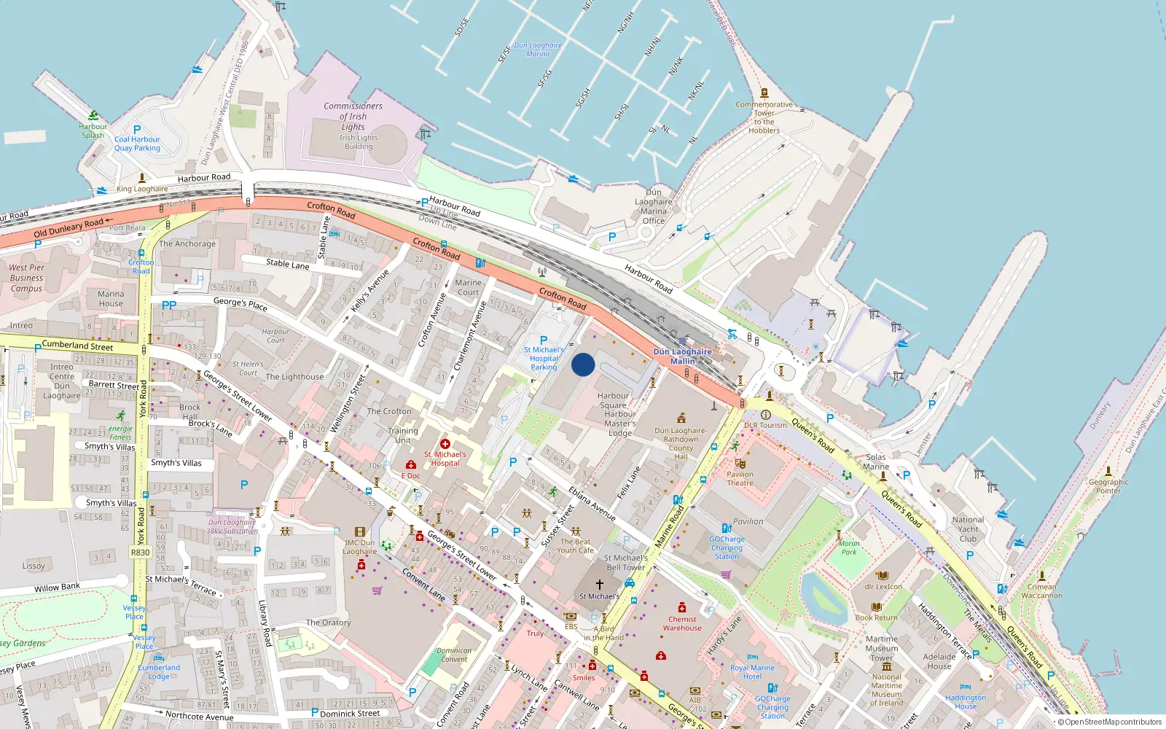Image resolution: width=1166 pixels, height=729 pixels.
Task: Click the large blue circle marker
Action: click(583, 364)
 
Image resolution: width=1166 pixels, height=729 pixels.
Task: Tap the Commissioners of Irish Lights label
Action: click(353, 117)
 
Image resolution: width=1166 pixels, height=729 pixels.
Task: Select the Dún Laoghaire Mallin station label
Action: click(682, 356)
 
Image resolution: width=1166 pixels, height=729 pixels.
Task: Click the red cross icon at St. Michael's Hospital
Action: click(445, 444)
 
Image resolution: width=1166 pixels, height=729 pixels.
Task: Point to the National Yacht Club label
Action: click(968, 529)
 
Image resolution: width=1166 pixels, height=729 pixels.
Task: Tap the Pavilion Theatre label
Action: click(740, 478)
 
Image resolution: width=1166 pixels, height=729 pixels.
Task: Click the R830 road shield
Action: click(140, 553)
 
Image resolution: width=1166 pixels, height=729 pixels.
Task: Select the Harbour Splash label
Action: click(93, 130)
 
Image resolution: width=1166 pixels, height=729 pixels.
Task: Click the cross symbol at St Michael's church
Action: click(599, 585)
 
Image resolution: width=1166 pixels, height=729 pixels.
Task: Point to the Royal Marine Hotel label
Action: click(752, 671)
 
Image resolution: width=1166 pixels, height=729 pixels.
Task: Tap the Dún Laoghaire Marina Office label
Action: click(654, 207)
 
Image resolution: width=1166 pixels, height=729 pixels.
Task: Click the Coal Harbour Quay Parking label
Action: click(137, 144)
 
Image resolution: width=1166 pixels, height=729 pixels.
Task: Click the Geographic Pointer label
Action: click(1108, 486)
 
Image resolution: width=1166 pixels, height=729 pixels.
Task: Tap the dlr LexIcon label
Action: click(883, 586)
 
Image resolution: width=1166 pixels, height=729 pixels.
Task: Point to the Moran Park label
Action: click(849, 547)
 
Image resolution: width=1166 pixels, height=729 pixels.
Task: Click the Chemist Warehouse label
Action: click(682, 623)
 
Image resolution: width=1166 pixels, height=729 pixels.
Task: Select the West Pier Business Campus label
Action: click(27, 278)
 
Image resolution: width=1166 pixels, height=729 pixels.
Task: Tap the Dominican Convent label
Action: click(454, 655)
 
